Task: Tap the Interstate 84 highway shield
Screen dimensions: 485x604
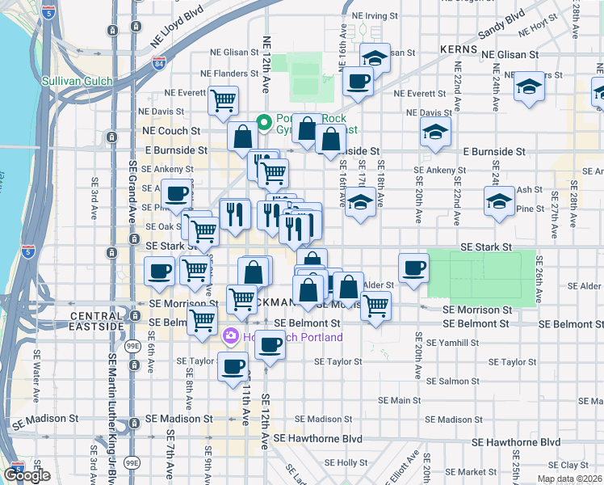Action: click(157, 61)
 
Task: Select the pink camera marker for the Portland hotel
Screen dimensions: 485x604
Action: click(231, 335)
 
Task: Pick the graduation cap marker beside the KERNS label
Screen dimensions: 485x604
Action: click(374, 58)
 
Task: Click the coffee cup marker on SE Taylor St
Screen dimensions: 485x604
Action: click(233, 366)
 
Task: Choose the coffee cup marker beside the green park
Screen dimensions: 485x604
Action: click(413, 268)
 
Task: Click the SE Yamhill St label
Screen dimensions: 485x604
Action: click(452, 343)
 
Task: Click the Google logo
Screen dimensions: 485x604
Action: click(27, 475)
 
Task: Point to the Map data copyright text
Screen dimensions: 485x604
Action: click(570, 479)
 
